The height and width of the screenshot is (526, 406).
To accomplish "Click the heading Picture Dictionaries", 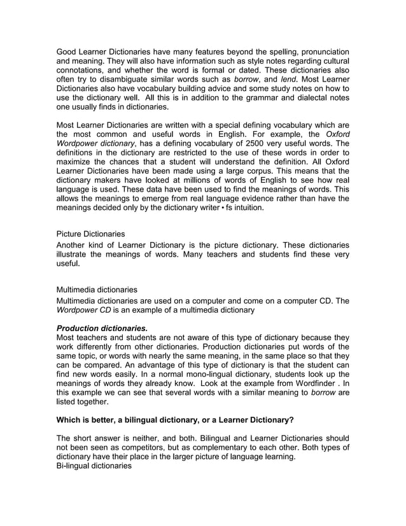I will pyautogui.click(x=91, y=234).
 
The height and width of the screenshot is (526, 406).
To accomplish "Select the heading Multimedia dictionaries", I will pyautogui.click(x=97, y=289).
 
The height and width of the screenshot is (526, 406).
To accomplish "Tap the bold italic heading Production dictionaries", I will pyautogui.click(x=102, y=327).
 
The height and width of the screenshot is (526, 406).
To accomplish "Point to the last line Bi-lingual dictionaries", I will pyautogui.click(x=94, y=466).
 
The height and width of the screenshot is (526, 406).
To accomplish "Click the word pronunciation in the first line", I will pyautogui.click(x=319, y=50).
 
